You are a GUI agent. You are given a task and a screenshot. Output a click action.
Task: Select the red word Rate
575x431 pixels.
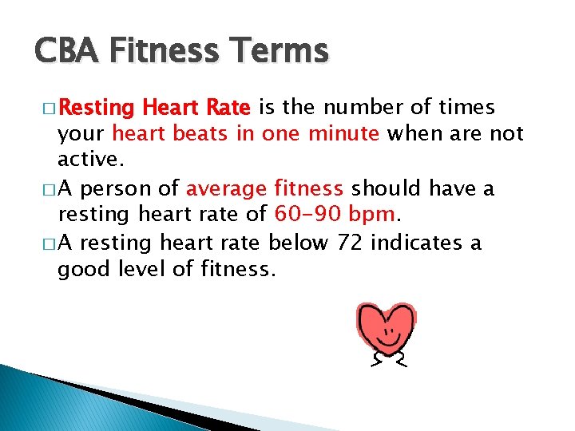point(228,107)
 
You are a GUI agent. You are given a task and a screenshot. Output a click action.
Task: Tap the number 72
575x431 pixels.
point(350,242)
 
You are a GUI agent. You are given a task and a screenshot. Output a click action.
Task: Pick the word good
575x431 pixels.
point(81,269)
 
